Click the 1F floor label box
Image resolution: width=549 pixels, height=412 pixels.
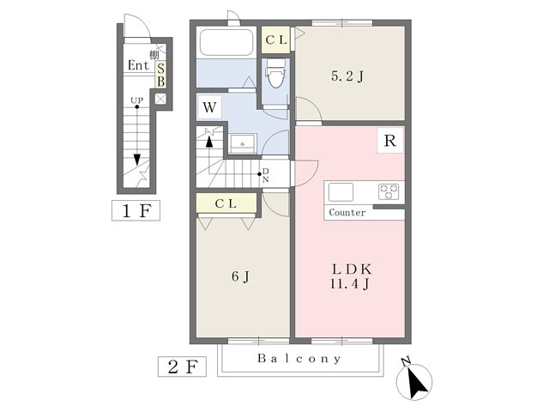(x=136, y=210)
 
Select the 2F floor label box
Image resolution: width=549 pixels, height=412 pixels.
(x=182, y=367)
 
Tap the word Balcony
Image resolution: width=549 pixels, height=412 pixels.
(x=299, y=359)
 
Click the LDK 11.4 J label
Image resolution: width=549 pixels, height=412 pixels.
(x=351, y=276)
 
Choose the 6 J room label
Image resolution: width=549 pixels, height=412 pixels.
(x=240, y=276)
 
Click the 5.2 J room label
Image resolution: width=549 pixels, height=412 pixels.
(x=347, y=76)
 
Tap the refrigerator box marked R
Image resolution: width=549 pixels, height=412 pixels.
(x=390, y=141)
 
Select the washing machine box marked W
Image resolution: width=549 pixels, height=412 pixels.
(x=209, y=106)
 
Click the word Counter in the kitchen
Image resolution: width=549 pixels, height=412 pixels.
(x=347, y=213)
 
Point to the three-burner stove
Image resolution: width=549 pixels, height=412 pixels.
(x=389, y=192)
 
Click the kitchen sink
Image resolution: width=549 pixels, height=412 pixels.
(x=341, y=192)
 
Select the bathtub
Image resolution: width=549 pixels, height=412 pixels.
(x=226, y=42)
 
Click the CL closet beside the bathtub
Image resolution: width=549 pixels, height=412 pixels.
(x=276, y=40)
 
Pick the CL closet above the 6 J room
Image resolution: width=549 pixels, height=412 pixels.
(x=226, y=203)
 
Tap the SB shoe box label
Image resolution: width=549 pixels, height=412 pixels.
(x=160, y=75)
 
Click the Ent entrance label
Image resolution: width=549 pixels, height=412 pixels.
(x=139, y=65)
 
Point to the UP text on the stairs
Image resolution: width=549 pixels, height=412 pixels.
(x=137, y=100)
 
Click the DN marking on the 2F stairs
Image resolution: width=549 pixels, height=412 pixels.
(x=266, y=175)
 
